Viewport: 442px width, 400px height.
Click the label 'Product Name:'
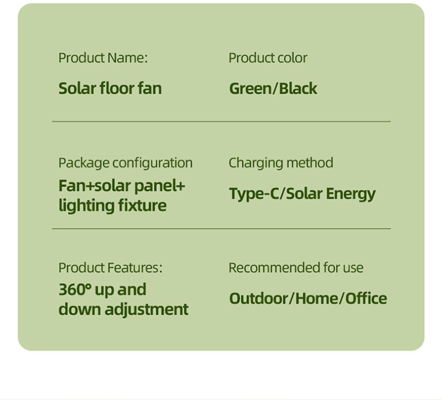[103, 58]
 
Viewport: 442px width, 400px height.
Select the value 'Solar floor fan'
[110, 88]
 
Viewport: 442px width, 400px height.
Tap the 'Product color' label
[268, 58]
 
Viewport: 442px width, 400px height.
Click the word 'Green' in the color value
[250, 88]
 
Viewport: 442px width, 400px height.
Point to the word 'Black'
[298, 88]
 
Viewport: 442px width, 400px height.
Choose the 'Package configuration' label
[125, 163]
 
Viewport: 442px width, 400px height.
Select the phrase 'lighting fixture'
[112, 206]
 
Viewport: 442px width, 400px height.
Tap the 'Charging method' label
[281, 163]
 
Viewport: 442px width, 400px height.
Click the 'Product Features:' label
[110, 268]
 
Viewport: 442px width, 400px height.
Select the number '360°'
[75, 289]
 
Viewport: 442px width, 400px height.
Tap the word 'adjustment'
[147, 309]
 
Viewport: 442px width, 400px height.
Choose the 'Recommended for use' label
[296, 268]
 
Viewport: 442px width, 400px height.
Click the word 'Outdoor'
[259, 298]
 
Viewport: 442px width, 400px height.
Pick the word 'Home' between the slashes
[316, 298]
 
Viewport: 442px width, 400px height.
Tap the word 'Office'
[366, 298]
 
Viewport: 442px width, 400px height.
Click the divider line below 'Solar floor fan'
[221, 122]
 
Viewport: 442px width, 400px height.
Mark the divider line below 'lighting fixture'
[221, 229]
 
